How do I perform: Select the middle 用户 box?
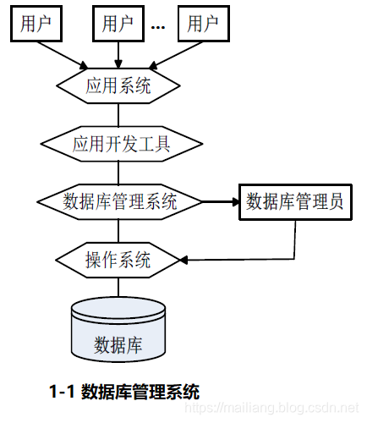(x=118, y=24)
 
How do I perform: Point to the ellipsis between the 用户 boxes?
(x=158, y=26)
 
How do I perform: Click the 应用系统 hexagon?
(x=118, y=85)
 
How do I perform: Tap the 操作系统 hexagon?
(x=118, y=258)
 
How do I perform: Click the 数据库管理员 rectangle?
(x=293, y=201)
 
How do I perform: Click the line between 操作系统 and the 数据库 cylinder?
(x=118, y=286)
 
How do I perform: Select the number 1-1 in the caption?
(x=63, y=393)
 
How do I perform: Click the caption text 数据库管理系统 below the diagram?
(x=140, y=393)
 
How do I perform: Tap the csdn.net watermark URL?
(x=288, y=409)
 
